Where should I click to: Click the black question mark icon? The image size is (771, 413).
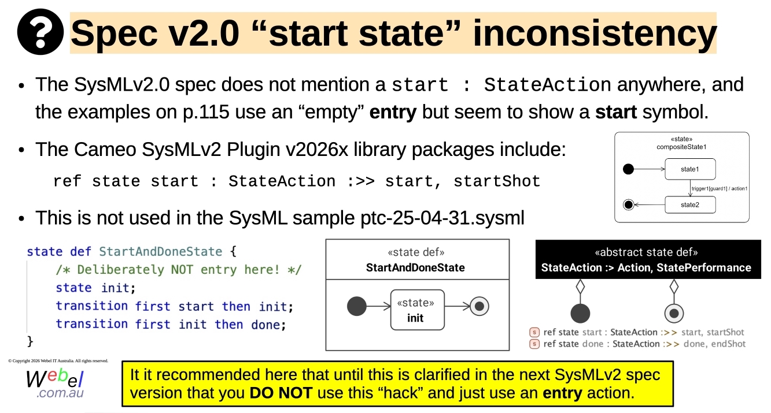pyautogui.click(x=40, y=32)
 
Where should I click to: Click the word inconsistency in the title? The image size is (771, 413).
pyautogui.click(x=595, y=34)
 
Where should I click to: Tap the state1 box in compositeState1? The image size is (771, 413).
pyautogui.click(x=690, y=169)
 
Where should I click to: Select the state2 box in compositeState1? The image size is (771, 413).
pyautogui.click(x=690, y=205)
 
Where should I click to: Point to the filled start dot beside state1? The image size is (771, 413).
pyautogui.click(x=628, y=169)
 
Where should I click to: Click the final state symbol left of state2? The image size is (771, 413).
pyautogui.click(x=629, y=205)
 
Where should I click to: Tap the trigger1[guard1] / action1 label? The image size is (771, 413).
pyautogui.click(x=720, y=188)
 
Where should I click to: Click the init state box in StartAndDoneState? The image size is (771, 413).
pyautogui.click(x=418, y=310)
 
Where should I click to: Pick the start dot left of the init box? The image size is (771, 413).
pyautogui.click(x=357, y=306)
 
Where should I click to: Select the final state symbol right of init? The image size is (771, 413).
pyautogui.click(x=479, y=306)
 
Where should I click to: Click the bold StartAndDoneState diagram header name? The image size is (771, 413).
pyautogui.click(x=415, y=267)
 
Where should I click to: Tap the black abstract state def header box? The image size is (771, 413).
pyautogui.click(x=648, y=259)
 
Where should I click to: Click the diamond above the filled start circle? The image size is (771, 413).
pyautogui.click(x=580, y=287)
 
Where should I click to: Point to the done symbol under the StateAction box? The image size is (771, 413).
pyautogui.click(x=674, y=313)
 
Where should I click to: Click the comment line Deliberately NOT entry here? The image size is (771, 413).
pyautogui.click(x=179, y=270)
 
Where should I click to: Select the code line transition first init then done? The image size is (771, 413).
pyautogui.click(x=171, y=325)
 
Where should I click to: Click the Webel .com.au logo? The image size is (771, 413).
pyautogui.click(x=55, y=384)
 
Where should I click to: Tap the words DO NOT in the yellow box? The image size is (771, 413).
pyautogui.click(x=281, y=393)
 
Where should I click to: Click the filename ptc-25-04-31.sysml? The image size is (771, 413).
pyautogui.click(x=442, y=218)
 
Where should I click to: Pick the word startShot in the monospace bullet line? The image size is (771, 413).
pyautogui.click(x=497, y=181)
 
